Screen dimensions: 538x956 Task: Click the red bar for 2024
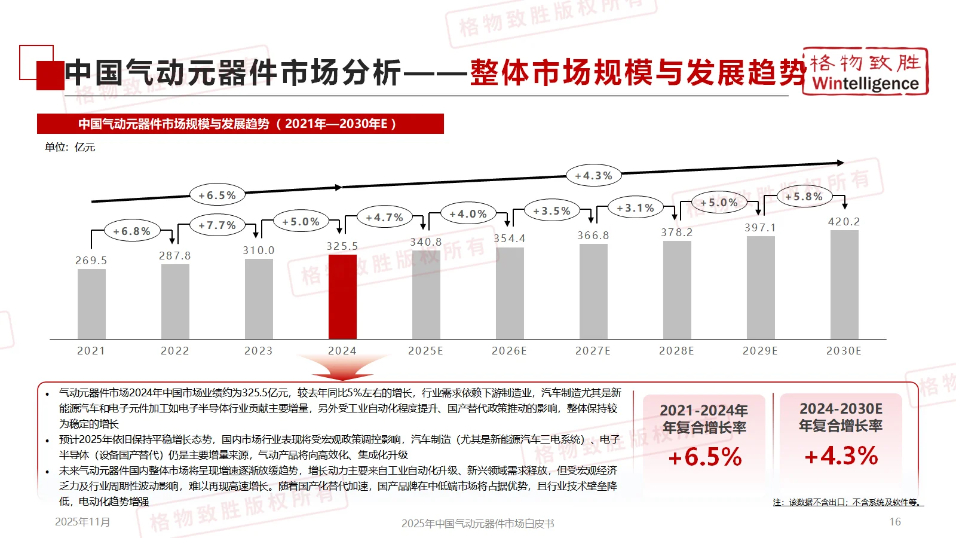(342, 297)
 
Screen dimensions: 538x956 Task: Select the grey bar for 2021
(91, 304)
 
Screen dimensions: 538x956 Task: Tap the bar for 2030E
(844, 285)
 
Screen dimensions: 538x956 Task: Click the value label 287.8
(175, 256)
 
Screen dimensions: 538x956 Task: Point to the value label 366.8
(593, 236)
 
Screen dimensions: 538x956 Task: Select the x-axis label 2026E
(509, 351)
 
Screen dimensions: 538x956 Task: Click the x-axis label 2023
(258, 351)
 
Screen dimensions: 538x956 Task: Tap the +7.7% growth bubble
(217, 225)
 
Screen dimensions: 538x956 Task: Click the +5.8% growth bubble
(804, 197)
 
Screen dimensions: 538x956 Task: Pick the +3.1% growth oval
(636, 208)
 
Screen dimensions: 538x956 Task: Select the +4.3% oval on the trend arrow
(593, 176)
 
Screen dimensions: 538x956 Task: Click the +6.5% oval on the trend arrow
(217, 195)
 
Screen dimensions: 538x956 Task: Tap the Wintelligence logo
(865, 72)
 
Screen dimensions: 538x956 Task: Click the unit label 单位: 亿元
(70, 147)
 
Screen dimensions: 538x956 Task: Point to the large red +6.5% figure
(704, 457)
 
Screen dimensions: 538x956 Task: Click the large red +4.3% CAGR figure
(841, 456)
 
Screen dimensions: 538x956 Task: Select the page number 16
(894, 522)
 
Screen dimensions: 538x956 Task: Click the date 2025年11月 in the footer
(82, 522)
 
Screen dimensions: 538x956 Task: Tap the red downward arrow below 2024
(342, 366)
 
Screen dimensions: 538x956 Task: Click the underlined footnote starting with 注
(848, 502)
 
